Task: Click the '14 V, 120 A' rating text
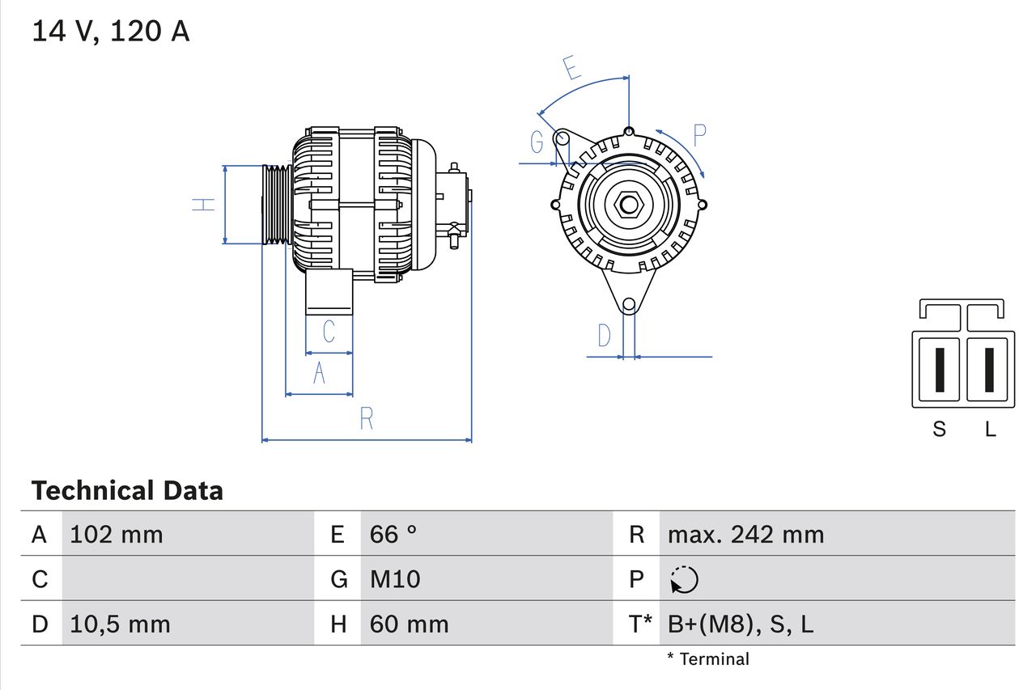click(x=110, y=32)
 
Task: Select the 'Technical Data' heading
click(x=127, y=490)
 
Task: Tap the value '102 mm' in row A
click(x=117, y=535)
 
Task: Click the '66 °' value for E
click(x=393, y=535)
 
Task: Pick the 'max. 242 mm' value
click(x=745, y=535)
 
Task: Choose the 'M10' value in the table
click(x=395, y=579)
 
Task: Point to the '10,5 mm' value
click(x=120, y=624)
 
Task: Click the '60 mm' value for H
click(x=409, y=624)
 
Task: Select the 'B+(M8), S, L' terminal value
click(x=741, y=624)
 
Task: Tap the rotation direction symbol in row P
click(x=684, y=580)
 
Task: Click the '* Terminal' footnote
click(x=708, y=659)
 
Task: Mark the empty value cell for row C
click(x=186, y=579)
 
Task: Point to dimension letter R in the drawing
click(x=367, y=419)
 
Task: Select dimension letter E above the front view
click(x=572, y=69)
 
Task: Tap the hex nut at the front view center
click(x=629, y=204)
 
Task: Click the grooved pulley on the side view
click(x=277, y=204)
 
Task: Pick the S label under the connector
click(x=939, y=429)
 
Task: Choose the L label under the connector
click(x=990, y=429)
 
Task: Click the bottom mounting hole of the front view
click(x=629, y=304)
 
